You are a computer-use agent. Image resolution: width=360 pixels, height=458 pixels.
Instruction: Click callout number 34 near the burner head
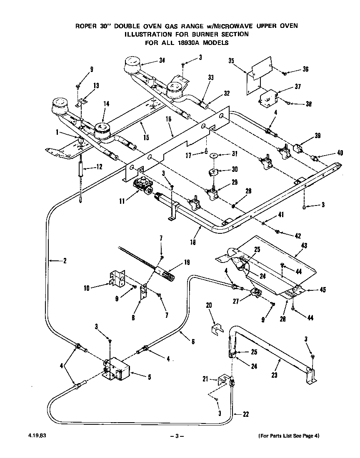[162, 60]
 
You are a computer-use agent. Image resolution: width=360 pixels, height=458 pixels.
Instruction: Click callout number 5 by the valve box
[149, 377]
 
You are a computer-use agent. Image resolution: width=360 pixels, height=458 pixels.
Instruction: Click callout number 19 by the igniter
[187, 262]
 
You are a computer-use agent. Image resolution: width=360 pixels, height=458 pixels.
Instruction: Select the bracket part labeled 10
[117, 279]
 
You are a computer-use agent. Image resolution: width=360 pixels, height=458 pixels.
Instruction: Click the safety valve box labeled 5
[118, 370]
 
